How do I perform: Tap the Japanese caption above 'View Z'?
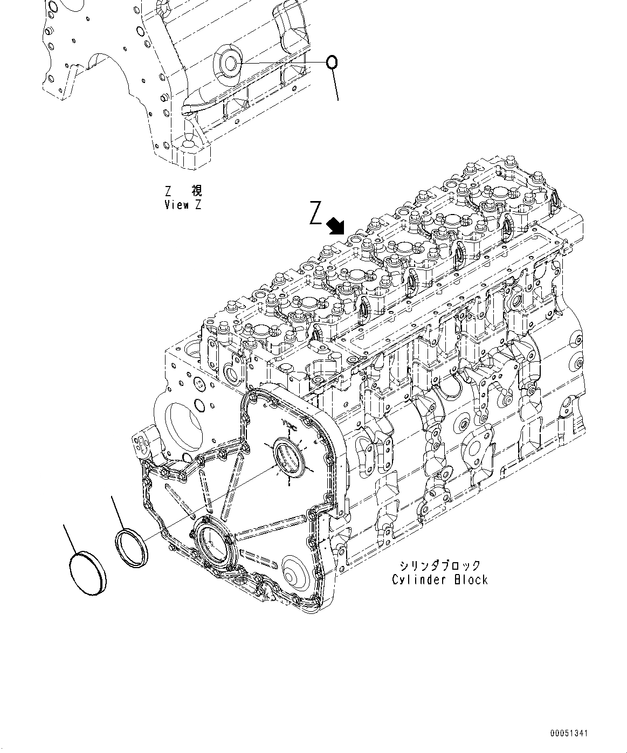[183, 191]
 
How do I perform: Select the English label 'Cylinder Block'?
[440, 579]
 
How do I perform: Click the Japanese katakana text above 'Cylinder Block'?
[440, 565]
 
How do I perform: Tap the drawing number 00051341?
[569, 734]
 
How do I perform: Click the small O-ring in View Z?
[333, 63]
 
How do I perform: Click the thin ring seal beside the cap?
[133, 548]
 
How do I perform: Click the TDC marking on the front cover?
[291, 425]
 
